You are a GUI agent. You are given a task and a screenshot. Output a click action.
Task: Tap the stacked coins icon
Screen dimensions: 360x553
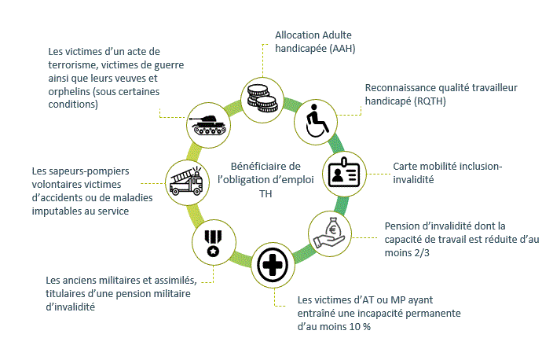(262, 97)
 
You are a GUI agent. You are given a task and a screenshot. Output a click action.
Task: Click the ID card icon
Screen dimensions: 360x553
(346, 173)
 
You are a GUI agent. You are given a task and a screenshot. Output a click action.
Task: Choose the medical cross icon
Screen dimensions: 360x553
(273, 266)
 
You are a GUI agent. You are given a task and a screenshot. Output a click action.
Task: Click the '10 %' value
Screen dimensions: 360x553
(360, 326)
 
